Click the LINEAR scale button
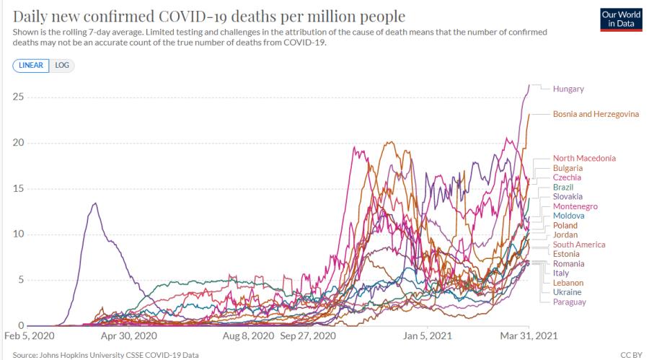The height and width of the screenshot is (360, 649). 30,66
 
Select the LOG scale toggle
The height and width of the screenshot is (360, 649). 62,66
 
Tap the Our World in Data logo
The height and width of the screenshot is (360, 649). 621,19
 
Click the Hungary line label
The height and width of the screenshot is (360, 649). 568,89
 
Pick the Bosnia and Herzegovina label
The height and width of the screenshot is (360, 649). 596,114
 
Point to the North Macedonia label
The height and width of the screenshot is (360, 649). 584,158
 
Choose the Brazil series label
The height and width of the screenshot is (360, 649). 563,188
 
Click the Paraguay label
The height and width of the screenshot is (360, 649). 569,302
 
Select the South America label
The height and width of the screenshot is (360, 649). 578,245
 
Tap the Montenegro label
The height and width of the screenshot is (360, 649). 575,206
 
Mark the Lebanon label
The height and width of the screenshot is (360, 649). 568,283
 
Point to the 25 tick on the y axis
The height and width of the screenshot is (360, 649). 18,97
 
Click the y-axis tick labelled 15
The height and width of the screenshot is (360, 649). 18,188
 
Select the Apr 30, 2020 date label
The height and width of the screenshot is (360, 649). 129,335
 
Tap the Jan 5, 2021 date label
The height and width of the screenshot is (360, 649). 427,335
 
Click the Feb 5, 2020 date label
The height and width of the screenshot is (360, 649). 30,335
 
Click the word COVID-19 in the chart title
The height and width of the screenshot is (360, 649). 193,17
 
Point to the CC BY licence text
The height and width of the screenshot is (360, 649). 631,355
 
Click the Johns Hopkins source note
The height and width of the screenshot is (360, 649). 105,355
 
